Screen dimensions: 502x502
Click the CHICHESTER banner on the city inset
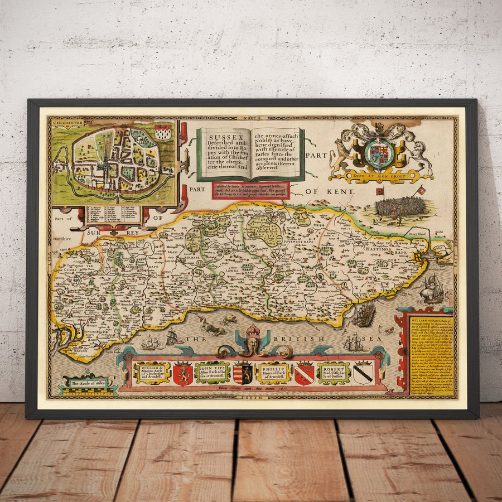pyautogui.click(x=67, y=122)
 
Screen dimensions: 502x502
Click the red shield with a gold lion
pyautogui.click(x=182, y=374)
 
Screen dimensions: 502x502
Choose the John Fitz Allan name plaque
pyautogui.click(x=212, y=372)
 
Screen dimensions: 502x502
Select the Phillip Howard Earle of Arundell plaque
pyautogui.click(x=272, y=372)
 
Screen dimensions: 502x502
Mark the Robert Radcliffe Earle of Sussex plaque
pyautogui.click(x=333, y=372)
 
